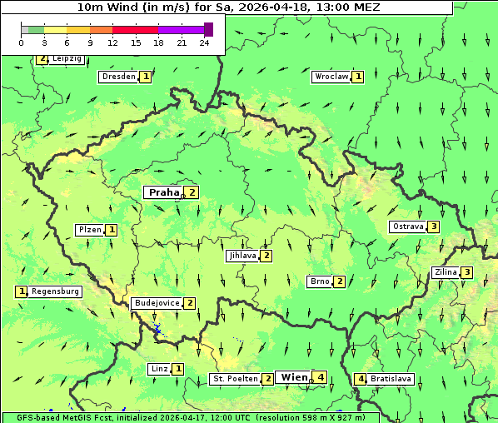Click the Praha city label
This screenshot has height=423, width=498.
pos(163,192)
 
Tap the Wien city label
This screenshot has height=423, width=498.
pos(294,377)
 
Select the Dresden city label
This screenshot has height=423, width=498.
pos(117,77)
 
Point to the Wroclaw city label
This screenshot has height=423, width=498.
pos(331,77)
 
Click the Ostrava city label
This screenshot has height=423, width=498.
pos(407,226)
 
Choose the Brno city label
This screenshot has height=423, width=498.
pos(319,281)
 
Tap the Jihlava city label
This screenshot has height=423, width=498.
pos(242,256)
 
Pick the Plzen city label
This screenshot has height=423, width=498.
pos(90,230)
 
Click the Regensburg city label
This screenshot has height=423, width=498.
pos(55,291)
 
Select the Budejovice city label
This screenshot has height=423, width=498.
pos(156,303)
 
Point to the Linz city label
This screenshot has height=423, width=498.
pos(160,369)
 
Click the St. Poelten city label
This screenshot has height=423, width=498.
pos(234,379)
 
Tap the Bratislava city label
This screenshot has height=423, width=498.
pos(391,379)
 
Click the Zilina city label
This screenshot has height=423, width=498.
pos(446,272)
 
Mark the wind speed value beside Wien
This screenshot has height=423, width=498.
pos(321,377)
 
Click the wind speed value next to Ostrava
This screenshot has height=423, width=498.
pos(434,226)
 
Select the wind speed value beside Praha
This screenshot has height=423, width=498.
pos(192,192)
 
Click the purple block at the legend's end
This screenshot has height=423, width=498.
pos(208,29)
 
